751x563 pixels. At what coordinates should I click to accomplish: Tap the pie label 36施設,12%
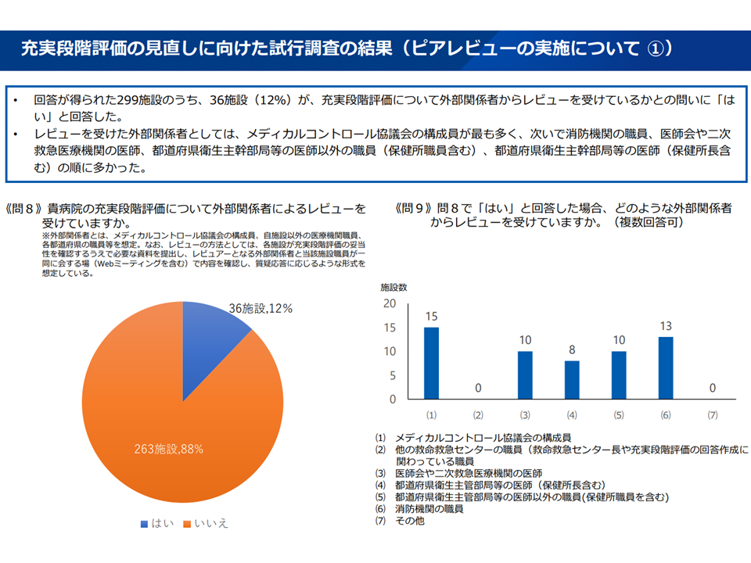[261, 308]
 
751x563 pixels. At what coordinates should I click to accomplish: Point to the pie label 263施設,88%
[168, 449]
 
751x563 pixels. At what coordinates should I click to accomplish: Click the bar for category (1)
[431, 364]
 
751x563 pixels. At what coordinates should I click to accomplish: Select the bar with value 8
[572, 380]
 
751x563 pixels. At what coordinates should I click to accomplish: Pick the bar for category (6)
[666, 368]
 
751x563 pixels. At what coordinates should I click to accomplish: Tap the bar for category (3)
[525, 375]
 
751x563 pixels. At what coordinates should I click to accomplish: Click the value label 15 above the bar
[431, 316]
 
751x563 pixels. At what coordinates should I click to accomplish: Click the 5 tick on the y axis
[392, 375]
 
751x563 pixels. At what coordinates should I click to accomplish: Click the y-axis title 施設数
[393, 287]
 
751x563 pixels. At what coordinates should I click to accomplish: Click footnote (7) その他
[409, 521]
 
